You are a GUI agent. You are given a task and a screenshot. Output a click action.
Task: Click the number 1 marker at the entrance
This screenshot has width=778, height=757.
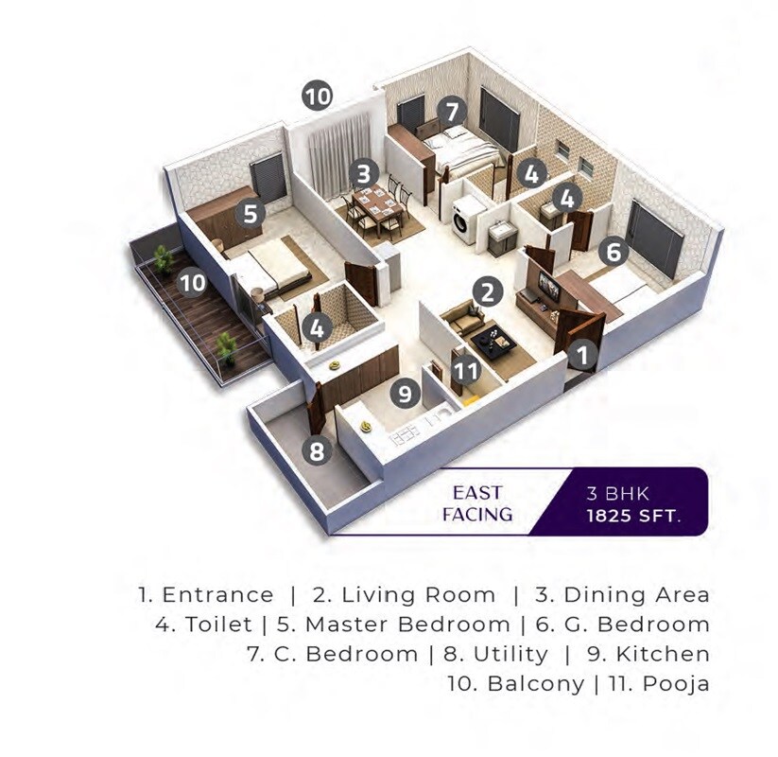(583, 356)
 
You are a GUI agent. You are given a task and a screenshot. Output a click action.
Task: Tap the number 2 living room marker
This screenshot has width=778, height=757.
(487, 290)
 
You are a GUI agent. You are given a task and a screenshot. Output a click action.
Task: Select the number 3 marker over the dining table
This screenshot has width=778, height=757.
(363, 174)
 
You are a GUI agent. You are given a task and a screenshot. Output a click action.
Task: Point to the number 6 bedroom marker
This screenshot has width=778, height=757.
(613, 253)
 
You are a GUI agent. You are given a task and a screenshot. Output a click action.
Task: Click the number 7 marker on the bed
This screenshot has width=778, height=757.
(453, 112)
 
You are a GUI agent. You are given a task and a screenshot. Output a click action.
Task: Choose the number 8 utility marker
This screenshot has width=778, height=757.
(318, 450)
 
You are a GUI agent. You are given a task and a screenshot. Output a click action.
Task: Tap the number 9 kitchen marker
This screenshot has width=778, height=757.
(406, 393)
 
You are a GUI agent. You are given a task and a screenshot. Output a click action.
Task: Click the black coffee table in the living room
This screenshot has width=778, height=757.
(493, 341)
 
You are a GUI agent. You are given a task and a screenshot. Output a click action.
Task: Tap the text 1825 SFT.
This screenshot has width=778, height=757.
(632, 517)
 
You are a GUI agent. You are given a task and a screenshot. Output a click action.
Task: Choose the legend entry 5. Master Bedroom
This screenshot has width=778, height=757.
(394, 625)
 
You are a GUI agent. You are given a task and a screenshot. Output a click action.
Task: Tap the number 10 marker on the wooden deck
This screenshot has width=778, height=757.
(192, 282)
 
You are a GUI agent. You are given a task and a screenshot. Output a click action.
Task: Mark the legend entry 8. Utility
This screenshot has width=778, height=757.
(494, 654)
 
